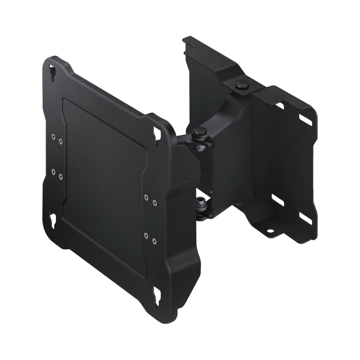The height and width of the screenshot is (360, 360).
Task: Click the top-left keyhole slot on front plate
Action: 52,72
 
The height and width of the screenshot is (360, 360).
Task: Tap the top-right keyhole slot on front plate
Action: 159,131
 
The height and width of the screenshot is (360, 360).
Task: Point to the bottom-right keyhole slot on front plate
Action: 159,294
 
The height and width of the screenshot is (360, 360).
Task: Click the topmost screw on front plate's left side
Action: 53,135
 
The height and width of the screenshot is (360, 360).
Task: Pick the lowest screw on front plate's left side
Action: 61,176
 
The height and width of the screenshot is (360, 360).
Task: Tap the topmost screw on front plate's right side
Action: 146,197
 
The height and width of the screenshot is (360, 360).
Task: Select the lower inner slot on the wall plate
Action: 277,197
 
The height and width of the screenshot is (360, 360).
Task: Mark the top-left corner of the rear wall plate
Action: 185,39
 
